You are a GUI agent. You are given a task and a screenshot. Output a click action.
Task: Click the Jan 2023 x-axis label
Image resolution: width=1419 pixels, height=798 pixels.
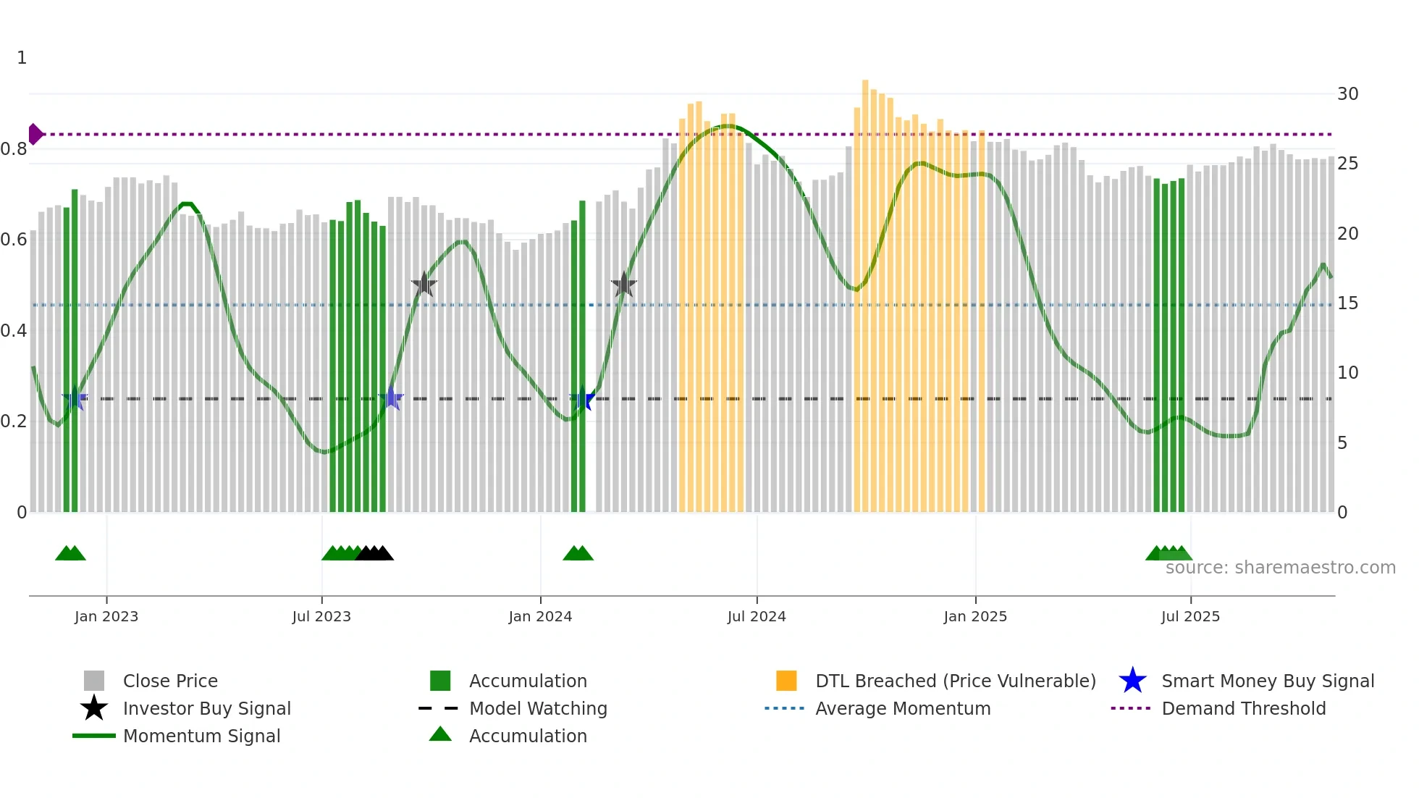click(106, 616)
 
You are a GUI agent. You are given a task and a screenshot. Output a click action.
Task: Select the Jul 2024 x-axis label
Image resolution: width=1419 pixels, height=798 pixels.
click(757, 616)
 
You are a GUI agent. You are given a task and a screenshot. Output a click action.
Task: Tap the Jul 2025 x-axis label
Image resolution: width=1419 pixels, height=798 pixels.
click(1190, 616)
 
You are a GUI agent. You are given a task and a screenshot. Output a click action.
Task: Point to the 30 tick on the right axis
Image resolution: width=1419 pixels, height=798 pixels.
click(1347, 94)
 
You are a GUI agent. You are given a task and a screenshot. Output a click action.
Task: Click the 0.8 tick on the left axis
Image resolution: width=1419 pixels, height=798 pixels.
click(14, 149)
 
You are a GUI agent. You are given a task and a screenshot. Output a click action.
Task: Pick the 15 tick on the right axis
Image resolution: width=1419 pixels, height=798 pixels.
click(1347, 303)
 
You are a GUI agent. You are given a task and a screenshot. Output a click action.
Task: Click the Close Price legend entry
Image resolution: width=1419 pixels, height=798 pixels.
click(170, 681)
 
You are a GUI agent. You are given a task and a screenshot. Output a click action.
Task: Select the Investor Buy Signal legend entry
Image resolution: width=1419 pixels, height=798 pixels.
click(206, 708)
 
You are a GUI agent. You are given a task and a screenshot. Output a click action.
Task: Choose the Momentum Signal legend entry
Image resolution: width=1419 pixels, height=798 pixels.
click(201, 736)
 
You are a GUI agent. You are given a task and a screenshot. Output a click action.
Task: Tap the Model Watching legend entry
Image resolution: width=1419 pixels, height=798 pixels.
click(538, 708)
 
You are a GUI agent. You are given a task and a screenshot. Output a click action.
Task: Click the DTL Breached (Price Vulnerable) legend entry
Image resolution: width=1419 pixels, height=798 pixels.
click(955, 681)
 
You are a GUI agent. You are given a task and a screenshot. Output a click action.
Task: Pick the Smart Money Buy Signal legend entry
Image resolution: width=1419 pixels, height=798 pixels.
click(1268, 681)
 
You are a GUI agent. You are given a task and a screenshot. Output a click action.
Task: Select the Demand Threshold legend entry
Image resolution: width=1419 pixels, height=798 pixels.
click(1243, 708)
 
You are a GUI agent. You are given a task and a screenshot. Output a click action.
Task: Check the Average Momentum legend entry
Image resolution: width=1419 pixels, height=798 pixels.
click(903, 708)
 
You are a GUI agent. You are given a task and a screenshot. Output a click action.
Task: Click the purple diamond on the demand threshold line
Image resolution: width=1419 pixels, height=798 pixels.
click(35, 134)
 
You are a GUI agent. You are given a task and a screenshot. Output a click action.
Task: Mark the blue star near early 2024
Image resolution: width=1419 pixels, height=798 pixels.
click(582, 398)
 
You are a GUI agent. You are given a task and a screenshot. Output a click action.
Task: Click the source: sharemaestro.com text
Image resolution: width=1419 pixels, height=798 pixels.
click(1280, 568)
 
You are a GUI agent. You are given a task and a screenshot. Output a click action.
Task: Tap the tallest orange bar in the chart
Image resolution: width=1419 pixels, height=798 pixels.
click(865, 290)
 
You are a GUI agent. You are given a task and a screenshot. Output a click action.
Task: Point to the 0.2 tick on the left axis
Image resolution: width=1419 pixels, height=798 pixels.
click(14, 421)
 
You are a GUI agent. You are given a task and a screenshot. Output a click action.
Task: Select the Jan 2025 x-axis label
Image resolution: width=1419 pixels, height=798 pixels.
click(975, 616)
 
